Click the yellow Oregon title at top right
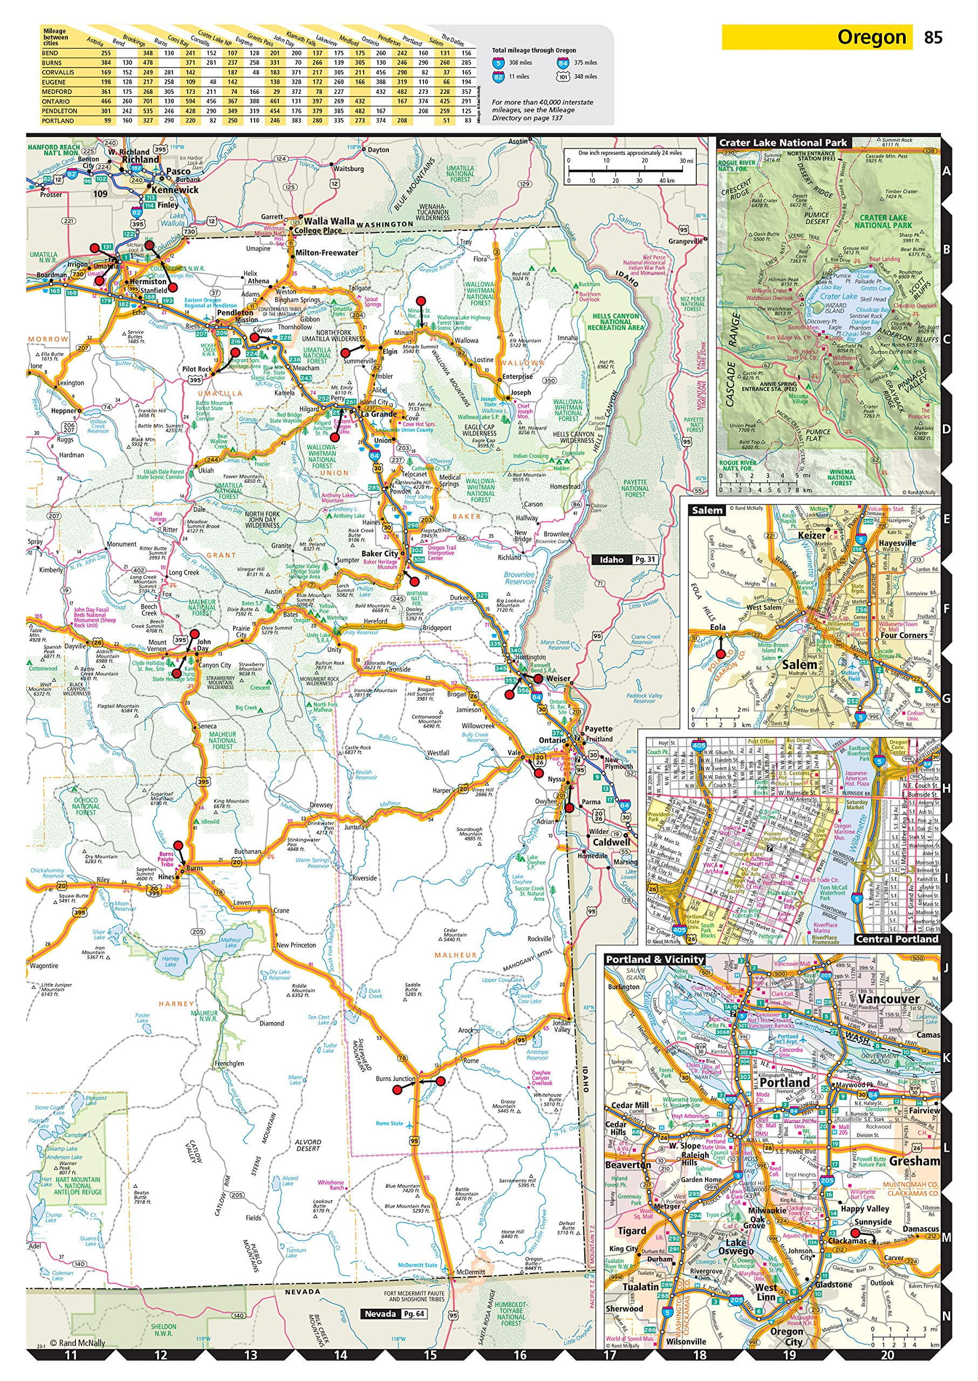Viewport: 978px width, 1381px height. tap(871, 37)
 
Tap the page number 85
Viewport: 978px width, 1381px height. tap(932, 37)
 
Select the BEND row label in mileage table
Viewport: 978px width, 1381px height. tap(50, 53)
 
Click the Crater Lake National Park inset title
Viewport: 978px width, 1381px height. tap(783, 143)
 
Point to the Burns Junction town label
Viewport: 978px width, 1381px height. tap(395, 1078)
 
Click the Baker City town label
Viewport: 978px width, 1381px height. tap(380, 553)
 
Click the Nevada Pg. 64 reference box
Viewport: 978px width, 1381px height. tap(394, 1314)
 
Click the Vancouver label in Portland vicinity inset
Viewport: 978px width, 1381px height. tap(888, 999)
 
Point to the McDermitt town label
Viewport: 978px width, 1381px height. tap(470, 1272)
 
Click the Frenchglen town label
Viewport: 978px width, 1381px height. tap(229, 1063)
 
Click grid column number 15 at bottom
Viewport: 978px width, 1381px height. tap(430, 1355)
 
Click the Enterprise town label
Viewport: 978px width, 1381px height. tap(517, 377)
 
